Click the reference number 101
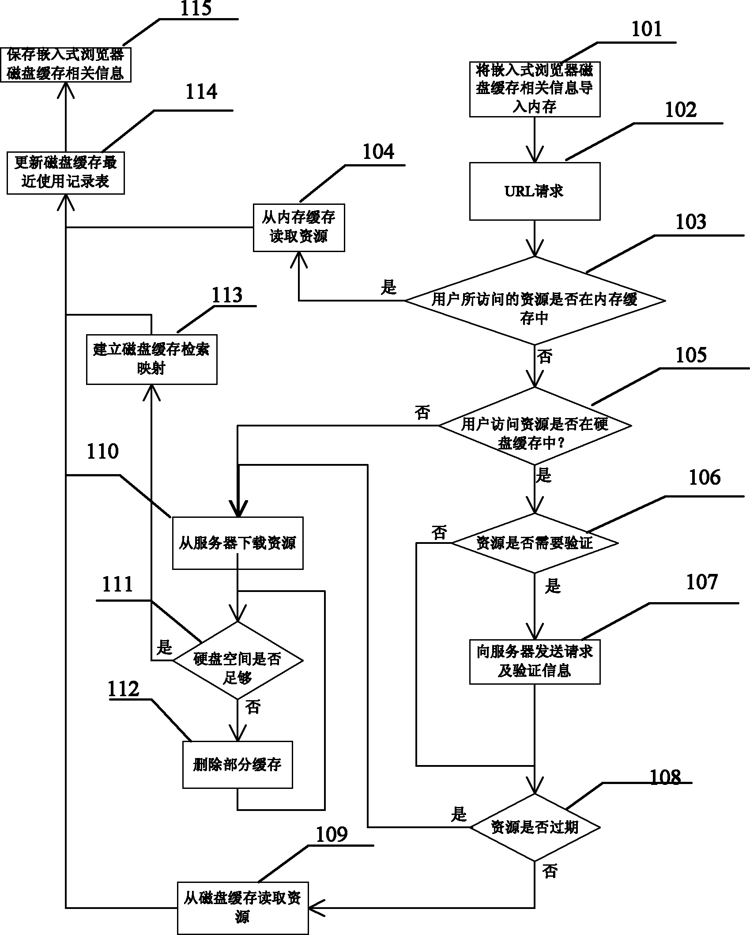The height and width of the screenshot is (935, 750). point(646,29)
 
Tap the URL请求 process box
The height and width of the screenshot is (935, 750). point(534,191)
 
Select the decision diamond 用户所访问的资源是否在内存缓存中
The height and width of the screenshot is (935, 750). point(535,301)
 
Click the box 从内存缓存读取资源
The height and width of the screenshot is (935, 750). point(299,227)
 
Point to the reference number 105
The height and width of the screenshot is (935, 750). point(691,355)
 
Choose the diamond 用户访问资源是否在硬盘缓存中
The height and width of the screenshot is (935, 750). point(535,426)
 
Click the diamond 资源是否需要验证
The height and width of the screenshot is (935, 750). point(535,543)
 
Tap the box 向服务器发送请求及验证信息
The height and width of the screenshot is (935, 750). point(535,662)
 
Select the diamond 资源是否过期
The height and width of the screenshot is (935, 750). point(535,827)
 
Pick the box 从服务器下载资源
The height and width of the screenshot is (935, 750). point(237,543)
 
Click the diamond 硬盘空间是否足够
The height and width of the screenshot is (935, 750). point(237,660)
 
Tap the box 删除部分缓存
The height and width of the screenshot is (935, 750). point(237,765)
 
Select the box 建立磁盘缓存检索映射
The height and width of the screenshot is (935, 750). point(151,359)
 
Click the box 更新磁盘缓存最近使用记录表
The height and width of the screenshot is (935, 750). point(65,173)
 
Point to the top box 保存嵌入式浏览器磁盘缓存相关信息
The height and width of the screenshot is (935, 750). point(65,64)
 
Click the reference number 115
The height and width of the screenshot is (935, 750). point(196,9)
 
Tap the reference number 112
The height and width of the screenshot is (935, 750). point(124,690)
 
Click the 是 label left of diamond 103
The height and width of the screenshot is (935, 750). point(388,287)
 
